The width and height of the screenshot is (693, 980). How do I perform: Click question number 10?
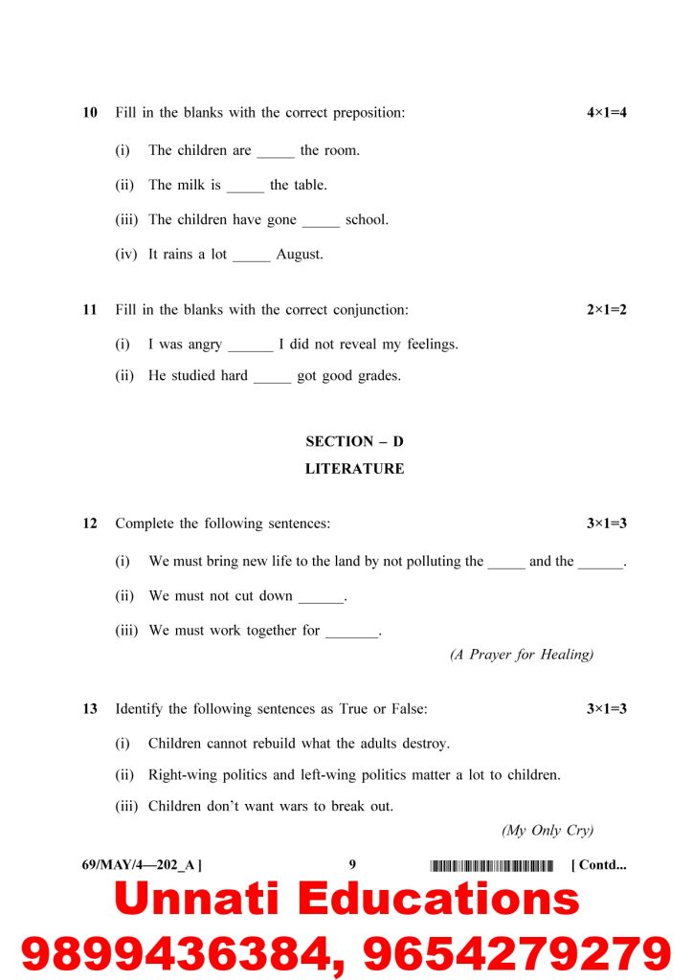pyautogui.click(x=90, y=113)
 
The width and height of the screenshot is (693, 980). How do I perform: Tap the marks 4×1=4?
pyautogui.click(x=607, y=113)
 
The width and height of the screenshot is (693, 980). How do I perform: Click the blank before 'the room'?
pyautogui.click(x=276, y=152)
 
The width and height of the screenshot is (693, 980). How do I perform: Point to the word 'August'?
pyautogui.click(x=300, y=255)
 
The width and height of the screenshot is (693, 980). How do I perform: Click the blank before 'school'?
pyautogui.click(x=321, y=221)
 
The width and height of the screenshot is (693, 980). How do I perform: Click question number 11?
pyautogui.click(x=90, y=310)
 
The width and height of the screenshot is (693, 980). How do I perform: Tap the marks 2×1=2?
pyautogui.click(x=607, y=310)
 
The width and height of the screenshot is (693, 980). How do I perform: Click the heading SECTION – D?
pyautogui.click(x=354, y=441)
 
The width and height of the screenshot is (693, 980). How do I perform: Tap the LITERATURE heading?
pyautogui.click(x=354, y=469)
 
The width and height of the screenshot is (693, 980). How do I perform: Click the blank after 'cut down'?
pyautogui.click(x=320, y=598)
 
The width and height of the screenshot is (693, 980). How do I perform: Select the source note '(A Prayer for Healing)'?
pyautogui.click(x=522, y=655)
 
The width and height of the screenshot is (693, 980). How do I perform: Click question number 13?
pyautogui.click(x=90, y=709)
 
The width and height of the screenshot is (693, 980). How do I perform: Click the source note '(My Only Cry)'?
pyautogui.click(x=548, y=831)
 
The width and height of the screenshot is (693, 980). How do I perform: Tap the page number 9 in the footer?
pyautogui.click(x=352, y=865)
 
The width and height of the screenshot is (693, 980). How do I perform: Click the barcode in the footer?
pyautogui.click(x=492, y=866)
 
